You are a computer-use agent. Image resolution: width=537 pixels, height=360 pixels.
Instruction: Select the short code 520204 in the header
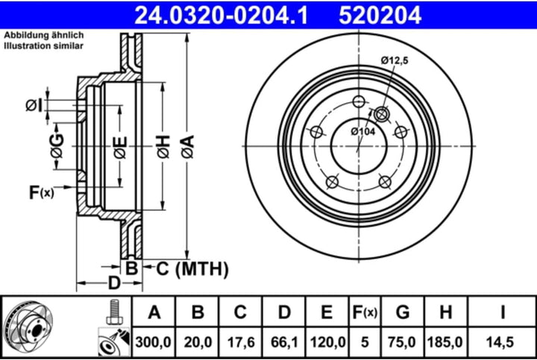(380, 13)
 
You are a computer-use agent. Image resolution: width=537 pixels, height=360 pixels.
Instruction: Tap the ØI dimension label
(34, 105)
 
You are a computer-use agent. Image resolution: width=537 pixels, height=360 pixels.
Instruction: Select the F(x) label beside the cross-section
(42, 193)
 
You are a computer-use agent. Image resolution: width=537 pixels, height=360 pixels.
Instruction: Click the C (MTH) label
(191, 268)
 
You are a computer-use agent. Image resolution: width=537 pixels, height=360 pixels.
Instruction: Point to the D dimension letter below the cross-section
(113, 283)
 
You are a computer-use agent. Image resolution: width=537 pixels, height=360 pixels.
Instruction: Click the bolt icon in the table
(113, 312)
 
